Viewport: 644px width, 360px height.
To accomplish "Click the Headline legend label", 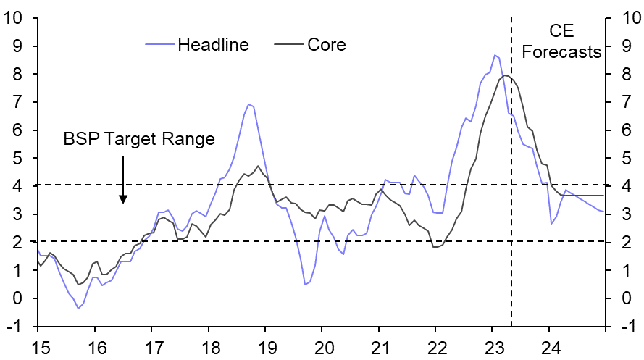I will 213,45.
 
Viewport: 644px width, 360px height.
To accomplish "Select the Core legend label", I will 327,45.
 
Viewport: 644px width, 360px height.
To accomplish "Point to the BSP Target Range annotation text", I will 139,139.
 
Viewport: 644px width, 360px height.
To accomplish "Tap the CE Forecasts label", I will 571,42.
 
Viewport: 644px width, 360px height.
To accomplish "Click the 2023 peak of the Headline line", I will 495,55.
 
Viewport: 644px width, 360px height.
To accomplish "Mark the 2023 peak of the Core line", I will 505,75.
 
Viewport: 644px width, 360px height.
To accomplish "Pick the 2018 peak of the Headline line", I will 248,104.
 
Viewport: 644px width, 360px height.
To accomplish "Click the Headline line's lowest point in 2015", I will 78,309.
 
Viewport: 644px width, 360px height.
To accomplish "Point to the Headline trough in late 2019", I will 306,285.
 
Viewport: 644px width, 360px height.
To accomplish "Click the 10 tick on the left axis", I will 16,17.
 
